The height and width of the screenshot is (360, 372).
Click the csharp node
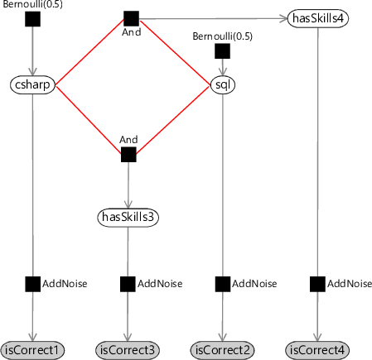click(32, 85)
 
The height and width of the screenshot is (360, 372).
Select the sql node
click(223, 85)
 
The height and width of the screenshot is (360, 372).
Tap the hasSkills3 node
click(128, 218)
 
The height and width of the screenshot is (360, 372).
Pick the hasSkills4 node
click(318, 18)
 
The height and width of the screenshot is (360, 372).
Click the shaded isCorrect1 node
click(32, 350)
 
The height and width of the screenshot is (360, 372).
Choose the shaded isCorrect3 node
click(128, 350)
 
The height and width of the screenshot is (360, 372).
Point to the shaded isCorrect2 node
click(222, 350)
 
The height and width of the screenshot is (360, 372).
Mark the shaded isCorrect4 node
click(317, 350)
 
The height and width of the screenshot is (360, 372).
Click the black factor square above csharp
click(32, 19)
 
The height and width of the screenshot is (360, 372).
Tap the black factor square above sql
click(222, 51)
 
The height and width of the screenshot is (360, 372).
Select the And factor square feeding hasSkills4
click(131, 18)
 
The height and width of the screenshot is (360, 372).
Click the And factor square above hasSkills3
click(128, 155)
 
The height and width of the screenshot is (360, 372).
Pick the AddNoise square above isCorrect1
click(32, 284)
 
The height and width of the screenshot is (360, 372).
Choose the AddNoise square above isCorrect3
click(128, 284)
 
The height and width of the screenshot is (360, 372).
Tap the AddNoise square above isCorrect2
click(222, 284)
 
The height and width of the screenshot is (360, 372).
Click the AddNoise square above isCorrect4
click(317, 284)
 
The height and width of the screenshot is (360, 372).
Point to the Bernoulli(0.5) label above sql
click(222, 36)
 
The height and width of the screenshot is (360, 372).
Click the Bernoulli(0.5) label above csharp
click(32, 4)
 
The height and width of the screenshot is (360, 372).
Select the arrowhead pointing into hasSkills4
click(283, 18)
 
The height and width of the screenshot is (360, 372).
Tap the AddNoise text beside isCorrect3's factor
click(160, 284)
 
